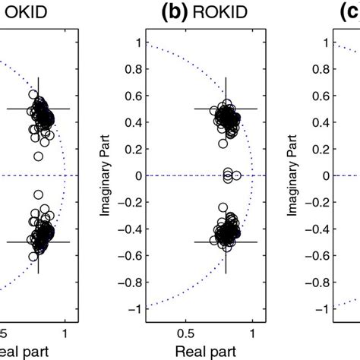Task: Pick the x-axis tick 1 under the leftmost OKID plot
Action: (x=65, y=332)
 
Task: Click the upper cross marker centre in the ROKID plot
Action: (x=226, y=109)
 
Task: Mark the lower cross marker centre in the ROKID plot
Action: (x=226, y=242)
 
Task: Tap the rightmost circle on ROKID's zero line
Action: (x=237, y=176)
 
